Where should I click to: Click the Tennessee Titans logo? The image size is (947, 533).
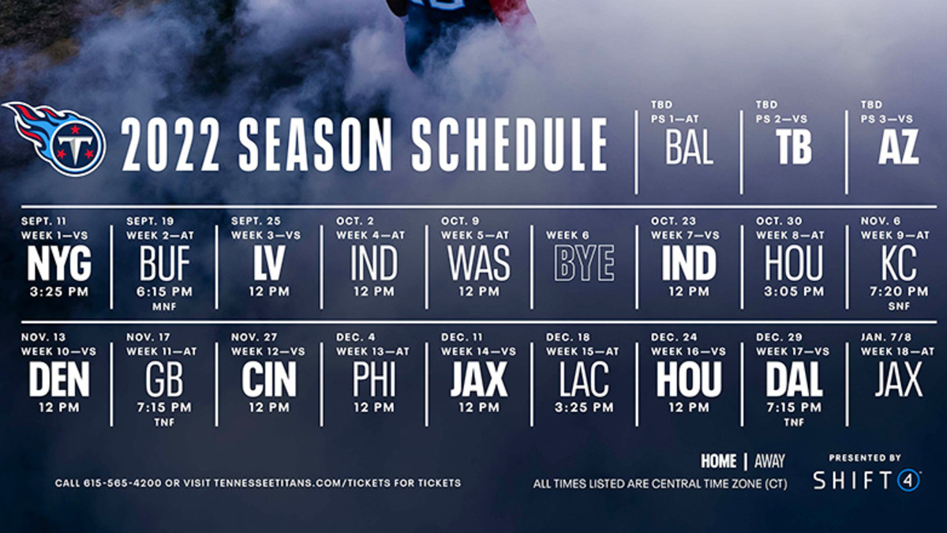[55, 139]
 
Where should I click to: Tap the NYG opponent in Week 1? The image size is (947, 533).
[59, 263]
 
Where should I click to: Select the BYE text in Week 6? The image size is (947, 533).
[584, 263]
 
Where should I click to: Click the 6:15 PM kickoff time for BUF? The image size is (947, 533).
[164, 291]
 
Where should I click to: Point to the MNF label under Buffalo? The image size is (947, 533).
[164, 306]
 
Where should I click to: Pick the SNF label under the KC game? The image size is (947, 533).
[899, 306]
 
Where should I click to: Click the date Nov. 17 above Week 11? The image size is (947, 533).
[148, 337]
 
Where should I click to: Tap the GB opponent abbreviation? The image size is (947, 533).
[164, 380]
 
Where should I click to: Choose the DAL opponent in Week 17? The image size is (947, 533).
[794, 380]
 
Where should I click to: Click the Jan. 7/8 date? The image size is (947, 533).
[886, 337]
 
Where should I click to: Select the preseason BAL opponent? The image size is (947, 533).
[689, 147]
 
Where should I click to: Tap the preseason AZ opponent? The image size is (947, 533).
[898, 147]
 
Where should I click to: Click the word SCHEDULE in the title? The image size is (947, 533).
[510, 145]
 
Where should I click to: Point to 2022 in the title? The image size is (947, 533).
[170, 145]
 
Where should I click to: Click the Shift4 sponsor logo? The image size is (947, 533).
[867, 480]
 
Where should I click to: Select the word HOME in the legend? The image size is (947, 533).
[719, 461]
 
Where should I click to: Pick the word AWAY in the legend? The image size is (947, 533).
[770, 461]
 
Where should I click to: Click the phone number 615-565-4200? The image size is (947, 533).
[122, 483]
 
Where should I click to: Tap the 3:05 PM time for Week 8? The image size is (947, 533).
[794, 291]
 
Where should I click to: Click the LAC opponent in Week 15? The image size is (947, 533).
[584, 380]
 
